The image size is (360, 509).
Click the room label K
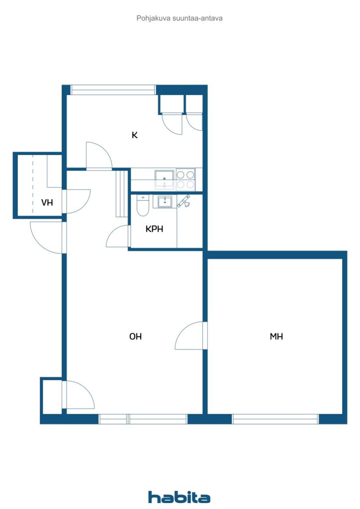pos(134,135)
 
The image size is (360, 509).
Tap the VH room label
pos(47,203)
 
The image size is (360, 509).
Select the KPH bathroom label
pos(154,229)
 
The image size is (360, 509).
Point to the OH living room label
pos(135,337)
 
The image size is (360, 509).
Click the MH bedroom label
pos(276,337)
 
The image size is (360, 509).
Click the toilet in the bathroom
pos(143,205)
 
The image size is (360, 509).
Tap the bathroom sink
pos(165,202)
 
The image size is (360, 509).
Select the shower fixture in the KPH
pos(184,201)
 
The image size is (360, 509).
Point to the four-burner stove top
pos(185,179)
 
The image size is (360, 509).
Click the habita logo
pos(179,497)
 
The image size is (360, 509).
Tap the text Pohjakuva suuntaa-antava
pos(180,18)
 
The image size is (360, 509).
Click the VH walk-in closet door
pos(77,202)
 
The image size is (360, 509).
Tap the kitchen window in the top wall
pos(113,90)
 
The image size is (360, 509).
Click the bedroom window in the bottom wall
pos(275,419)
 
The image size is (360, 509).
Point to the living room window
pos(143,419)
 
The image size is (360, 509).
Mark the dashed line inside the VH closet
pos(32,184)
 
